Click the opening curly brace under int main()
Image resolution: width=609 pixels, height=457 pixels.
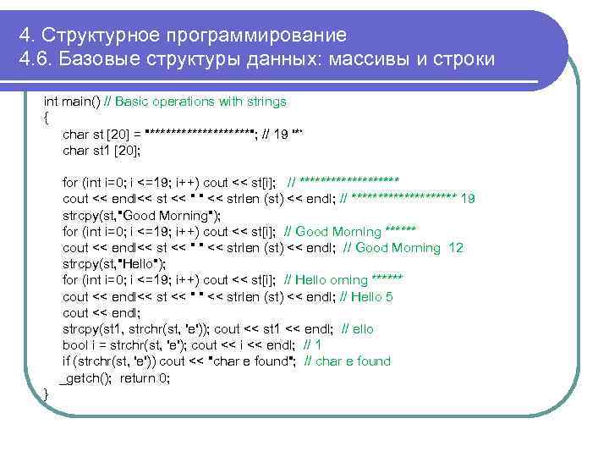point(46,117)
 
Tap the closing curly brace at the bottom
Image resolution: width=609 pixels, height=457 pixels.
point(46,394)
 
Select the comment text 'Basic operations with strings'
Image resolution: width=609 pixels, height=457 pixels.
point(200,102)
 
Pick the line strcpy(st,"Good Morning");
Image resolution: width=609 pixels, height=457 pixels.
point(141,215)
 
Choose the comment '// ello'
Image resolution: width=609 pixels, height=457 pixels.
point(358,329)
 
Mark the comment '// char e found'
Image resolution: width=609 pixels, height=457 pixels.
point(347,361)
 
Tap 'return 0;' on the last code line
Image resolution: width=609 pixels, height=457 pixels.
point(145,378)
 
